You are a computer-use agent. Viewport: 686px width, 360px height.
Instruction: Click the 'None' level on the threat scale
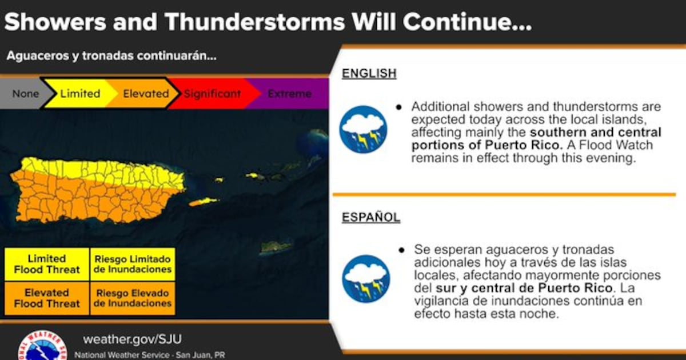point(25,94)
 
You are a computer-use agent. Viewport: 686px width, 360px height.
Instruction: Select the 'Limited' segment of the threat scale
point(80,94)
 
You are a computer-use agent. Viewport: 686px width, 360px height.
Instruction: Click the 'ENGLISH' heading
point(369,74)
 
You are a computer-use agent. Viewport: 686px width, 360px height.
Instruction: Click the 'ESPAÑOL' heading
point(371,217)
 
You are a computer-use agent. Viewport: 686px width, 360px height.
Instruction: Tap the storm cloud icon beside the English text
point(363,130)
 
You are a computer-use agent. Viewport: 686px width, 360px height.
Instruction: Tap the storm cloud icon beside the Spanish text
point(366,279)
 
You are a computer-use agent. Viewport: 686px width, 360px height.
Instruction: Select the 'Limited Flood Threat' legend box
point(47,264)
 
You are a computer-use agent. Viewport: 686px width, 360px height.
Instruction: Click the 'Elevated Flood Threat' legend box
point(47,298)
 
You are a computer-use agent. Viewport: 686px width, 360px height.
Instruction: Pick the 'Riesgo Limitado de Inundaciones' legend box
point(133,264)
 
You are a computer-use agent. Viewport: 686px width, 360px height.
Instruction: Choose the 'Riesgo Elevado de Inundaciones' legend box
point(133,298)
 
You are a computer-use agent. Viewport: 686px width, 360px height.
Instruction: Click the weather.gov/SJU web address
point(132,339)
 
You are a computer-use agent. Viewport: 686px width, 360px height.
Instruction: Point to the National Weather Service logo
point(42,345)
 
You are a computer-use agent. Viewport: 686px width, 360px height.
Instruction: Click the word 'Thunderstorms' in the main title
point(255,22)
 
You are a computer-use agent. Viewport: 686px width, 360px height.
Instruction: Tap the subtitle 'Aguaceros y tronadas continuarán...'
point(111,56)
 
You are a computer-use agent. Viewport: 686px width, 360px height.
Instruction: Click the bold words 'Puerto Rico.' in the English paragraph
point(524,145)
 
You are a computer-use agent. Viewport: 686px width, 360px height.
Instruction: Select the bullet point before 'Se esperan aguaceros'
point(401,250)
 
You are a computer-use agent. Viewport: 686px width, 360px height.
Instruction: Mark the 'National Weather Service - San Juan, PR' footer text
point(150,355)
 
